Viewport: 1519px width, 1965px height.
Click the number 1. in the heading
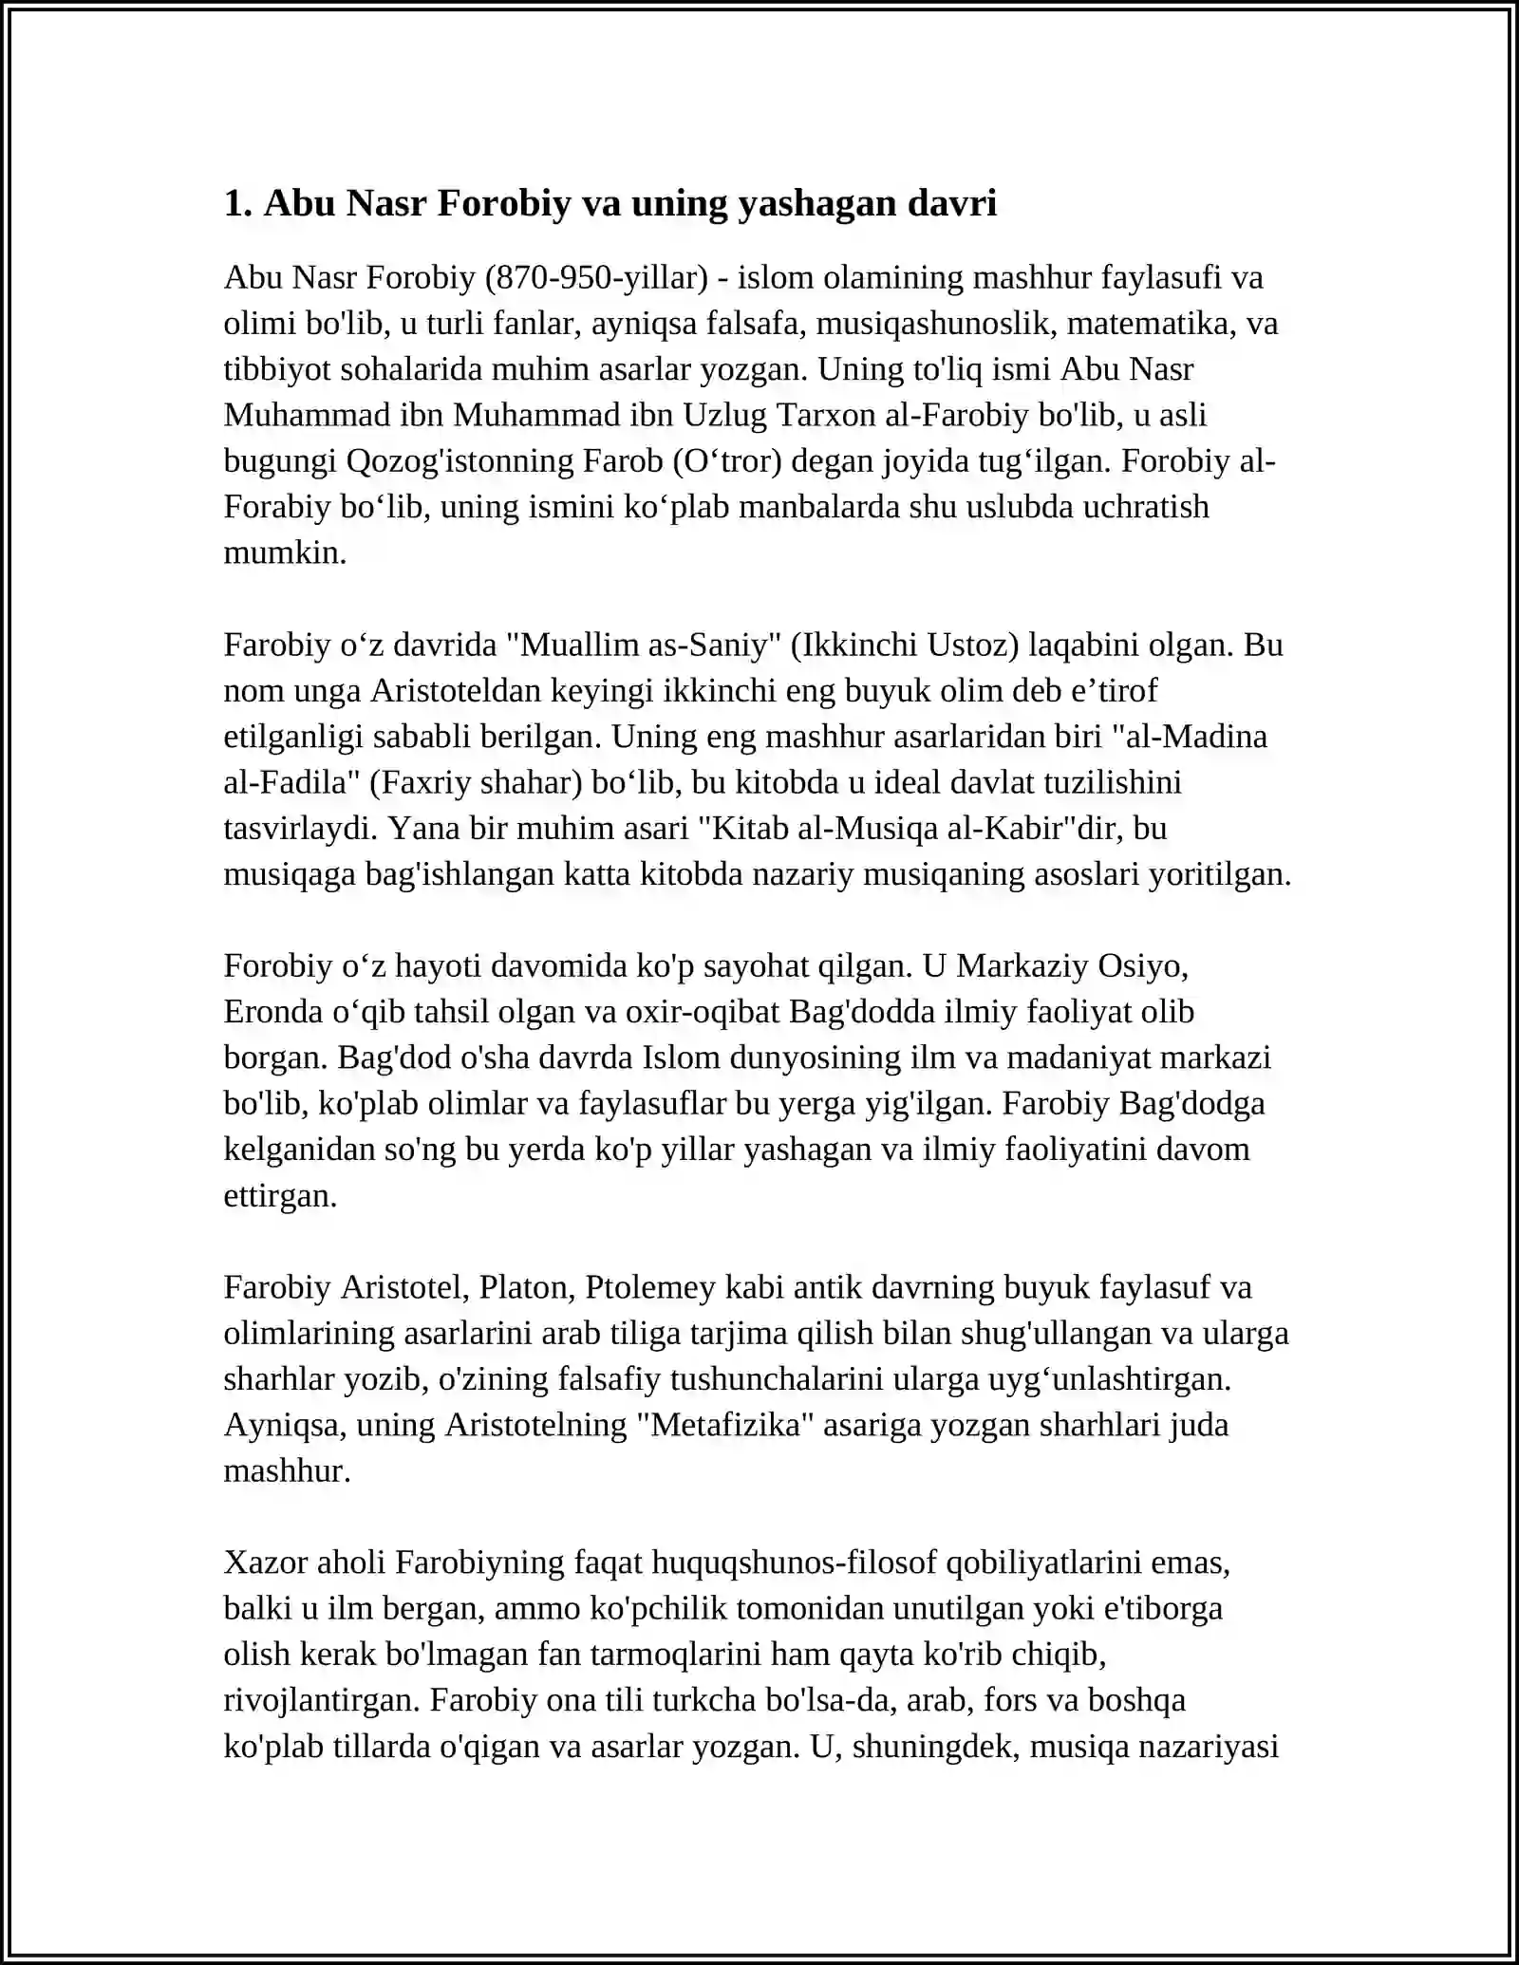237,203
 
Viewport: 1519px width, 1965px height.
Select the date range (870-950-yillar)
596,277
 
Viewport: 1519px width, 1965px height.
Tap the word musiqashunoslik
937,323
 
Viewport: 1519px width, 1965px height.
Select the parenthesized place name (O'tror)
726,460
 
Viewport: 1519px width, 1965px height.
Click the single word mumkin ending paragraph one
285,552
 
